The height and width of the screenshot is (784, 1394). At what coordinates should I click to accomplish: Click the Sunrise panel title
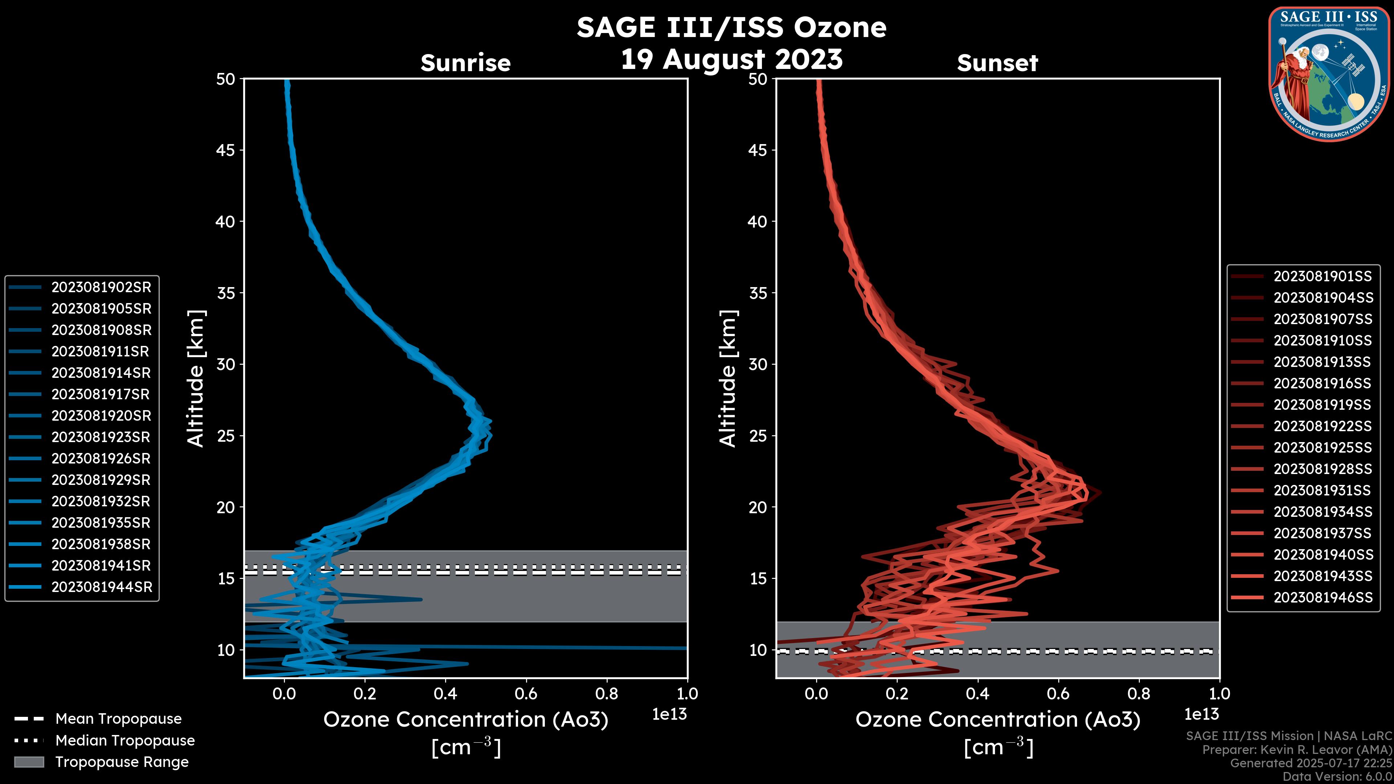point(465,63)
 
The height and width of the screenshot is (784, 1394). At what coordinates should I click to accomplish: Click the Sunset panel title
point(997,63)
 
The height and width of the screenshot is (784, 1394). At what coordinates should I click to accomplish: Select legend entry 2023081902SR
point(101,287)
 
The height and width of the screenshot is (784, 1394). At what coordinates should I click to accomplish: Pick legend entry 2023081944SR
point(102,587)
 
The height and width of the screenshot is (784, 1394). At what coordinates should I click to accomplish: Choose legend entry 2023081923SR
point(101,437)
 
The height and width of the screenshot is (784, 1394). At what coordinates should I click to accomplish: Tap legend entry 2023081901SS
point(1322,277)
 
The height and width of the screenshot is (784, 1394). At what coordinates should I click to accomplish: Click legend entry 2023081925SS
point(1322,448)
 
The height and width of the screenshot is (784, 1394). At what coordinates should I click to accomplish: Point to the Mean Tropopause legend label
point(118,719)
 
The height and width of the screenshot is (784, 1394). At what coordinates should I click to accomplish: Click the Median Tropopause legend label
point(125,740)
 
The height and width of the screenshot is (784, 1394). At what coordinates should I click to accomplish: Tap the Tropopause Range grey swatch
point(29,762)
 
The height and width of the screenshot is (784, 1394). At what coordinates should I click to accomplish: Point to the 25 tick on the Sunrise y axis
point(226,436)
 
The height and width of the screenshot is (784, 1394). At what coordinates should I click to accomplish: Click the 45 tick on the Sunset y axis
point(758,150)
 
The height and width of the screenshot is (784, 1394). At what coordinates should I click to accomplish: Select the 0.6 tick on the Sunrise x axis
point(526,694)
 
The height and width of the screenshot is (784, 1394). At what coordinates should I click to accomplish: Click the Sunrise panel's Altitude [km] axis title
point(195,378)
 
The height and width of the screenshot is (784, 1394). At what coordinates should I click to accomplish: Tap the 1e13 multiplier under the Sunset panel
point(1201,714)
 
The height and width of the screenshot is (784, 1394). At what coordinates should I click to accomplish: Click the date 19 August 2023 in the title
point(731,59)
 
